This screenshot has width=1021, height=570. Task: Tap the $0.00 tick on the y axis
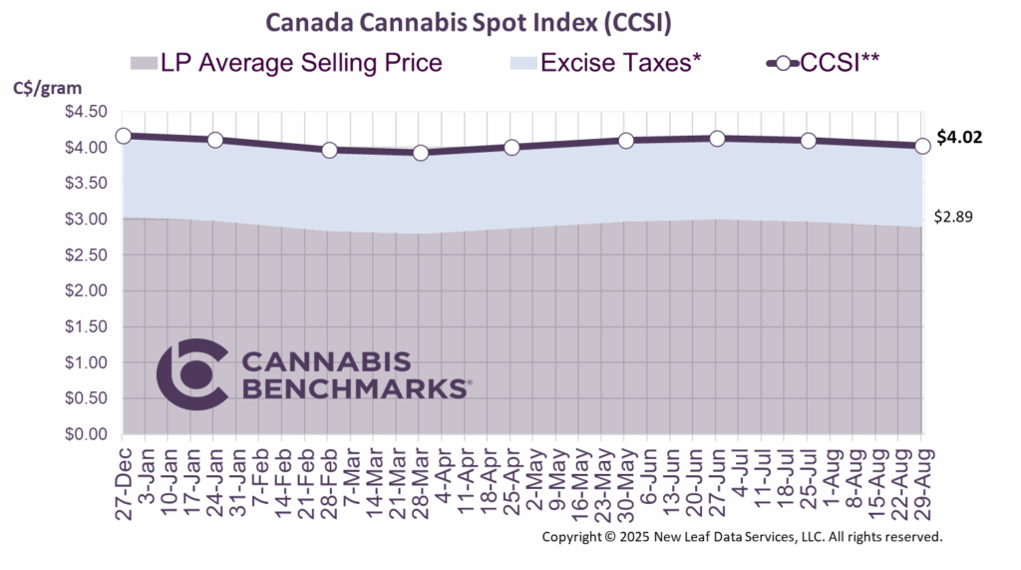87,435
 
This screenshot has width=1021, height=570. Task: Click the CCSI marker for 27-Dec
123,136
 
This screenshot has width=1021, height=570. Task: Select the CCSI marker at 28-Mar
420,153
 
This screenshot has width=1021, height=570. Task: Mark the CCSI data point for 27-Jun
716,138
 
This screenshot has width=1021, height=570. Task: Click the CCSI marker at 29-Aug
921,146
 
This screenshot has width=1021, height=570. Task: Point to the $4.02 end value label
959,138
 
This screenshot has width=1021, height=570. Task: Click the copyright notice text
742,537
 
